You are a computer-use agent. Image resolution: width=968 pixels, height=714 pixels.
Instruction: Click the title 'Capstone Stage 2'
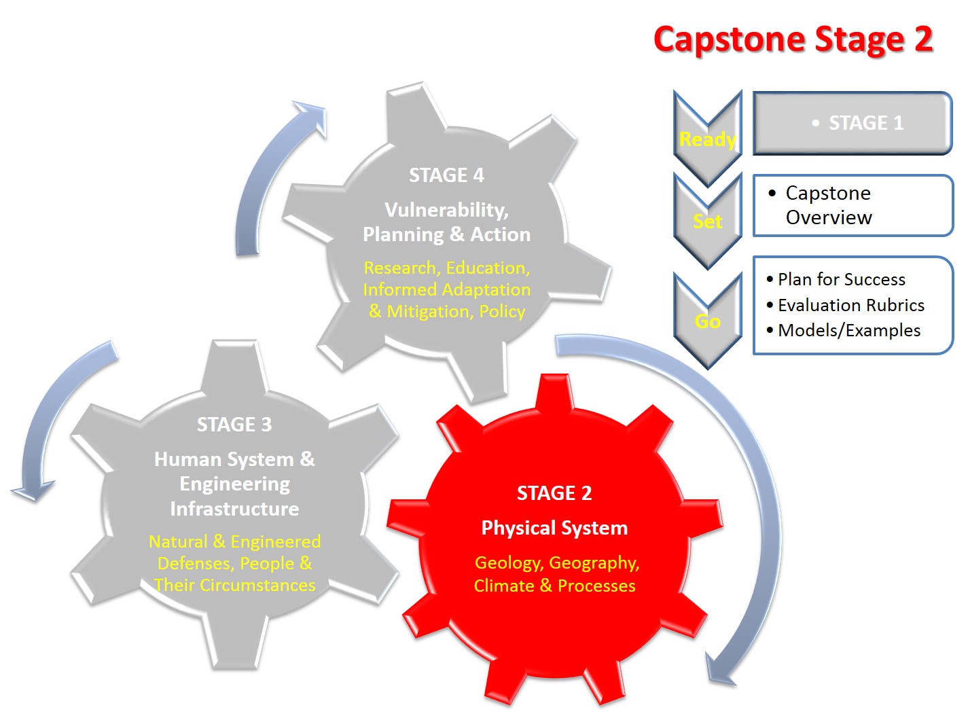pyautogui.click(x=793, y=39)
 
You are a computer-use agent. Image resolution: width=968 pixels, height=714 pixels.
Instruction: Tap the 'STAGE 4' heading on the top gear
pyautogui.click(x=446, y=175)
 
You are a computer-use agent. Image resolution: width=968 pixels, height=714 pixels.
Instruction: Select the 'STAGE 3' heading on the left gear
pyautogui.click(x=234, y=425)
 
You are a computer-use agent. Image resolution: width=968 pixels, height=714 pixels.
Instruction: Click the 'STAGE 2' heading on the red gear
pyautogui.click(x=554, y=493)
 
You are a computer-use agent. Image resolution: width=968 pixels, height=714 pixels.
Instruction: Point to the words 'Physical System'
pyautogui.click(x=554, y=528)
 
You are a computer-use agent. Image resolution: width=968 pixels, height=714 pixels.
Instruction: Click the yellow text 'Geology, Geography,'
pyautogui.click(x=557, y=563)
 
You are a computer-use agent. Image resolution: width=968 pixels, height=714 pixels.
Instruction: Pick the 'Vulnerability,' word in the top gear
pyautogui.click(x=446, y=210)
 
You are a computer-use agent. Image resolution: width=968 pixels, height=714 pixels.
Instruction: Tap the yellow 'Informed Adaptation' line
pyautogui.click(x=446, y=289)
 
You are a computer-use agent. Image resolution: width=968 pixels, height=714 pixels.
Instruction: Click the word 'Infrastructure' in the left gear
pyautogui.click(x=234, y=509)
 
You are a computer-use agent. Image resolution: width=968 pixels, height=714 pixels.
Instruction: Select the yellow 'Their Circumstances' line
pyautogui.click(x=234, y=585)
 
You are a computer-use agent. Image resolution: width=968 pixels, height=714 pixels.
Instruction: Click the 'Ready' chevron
pyautogui.click(x=707, y=139)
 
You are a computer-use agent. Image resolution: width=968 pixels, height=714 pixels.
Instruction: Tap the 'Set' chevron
pyautogui.click(x=707, y=221)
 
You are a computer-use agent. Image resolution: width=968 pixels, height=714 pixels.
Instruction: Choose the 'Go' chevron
pyautogui.click(x=707, y=321)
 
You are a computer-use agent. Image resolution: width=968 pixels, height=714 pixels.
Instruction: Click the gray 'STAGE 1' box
pyautogui.click(x=853, y=123)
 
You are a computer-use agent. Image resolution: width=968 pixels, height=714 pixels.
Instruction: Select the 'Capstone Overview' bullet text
pyautogui.click(x=828, y=205)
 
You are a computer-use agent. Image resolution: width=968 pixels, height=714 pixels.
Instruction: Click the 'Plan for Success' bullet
pyautogui.click(x=841, y=279)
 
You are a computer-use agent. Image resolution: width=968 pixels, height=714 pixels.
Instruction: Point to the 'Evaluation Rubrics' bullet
pyautogui.click(x=850, y=305)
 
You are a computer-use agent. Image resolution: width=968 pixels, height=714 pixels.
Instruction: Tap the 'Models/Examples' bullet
pyautogui.click(x=848, y=330)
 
